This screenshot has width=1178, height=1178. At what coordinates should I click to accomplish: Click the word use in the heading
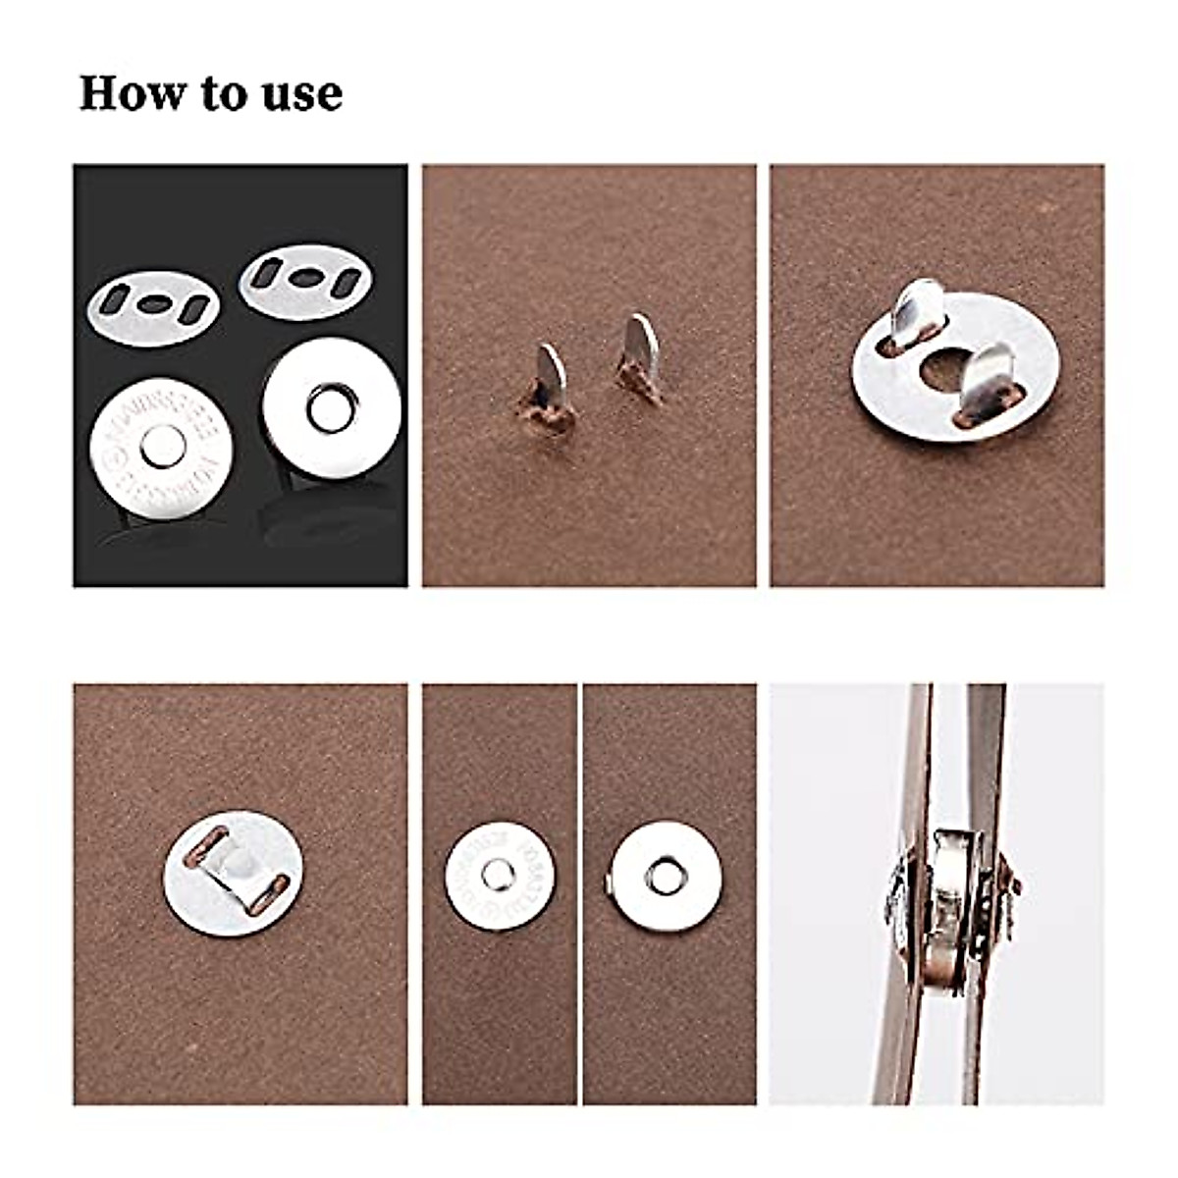coord(306,95)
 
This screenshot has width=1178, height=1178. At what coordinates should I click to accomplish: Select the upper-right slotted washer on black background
coord(306,283)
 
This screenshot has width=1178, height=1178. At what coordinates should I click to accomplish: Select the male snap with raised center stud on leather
coord(500,873)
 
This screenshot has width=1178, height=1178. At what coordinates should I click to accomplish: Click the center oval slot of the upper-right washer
coord(305,281)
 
